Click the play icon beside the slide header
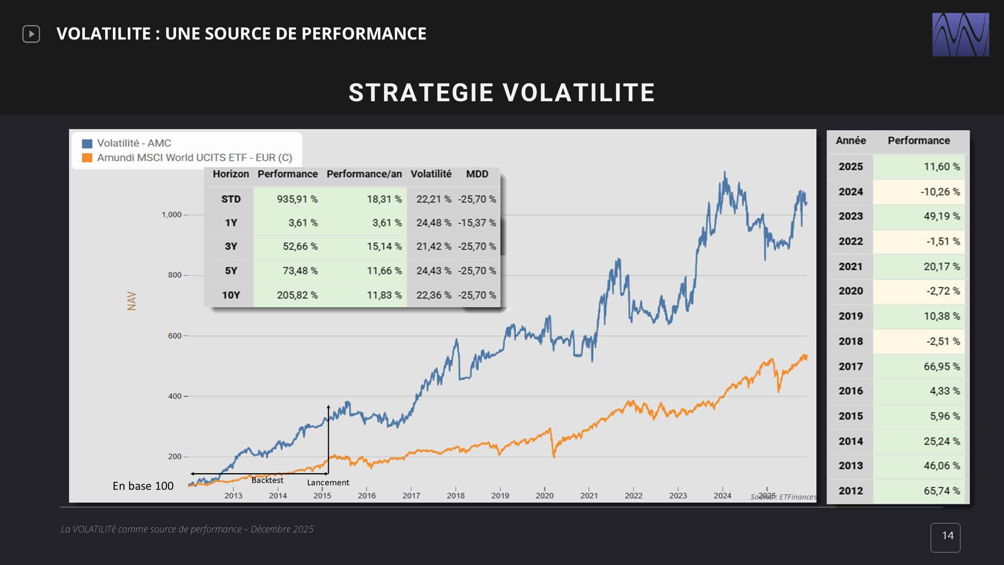point(31,34)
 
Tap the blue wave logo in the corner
point(960,35)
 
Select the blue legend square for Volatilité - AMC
point(87,144)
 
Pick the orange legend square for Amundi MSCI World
point(87,158)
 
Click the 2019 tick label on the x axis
point(500,496)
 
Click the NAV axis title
point(132,301)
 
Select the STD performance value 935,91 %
point(297,199)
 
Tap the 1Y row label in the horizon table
point(231,223)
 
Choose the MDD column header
point(477,174)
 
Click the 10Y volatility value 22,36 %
point(433,295)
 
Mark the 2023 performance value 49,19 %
point(942,216)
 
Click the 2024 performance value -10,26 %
point(940,192)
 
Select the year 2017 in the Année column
point(851,366)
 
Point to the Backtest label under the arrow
point(267,480)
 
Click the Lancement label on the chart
point(328,483)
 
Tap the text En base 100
point(143,486)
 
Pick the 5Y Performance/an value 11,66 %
point(384,271)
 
